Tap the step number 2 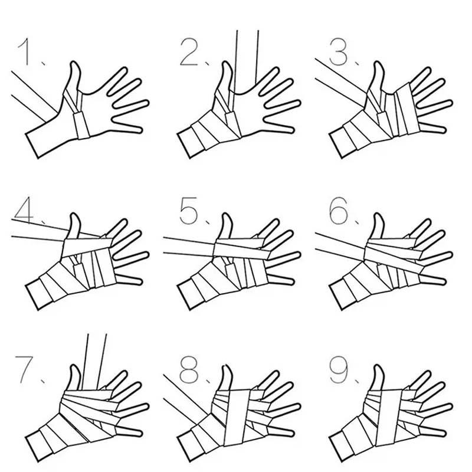click(x=189, y=53)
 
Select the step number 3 click(x=339, y=53)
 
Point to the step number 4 click(x=24, y=210)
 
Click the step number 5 click(x=189, y=211)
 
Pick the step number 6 click(x=339, y=211)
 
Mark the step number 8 click(x=189, y=369)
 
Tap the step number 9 click(x=339, y=369)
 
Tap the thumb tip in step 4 click(x=76, y=215)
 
